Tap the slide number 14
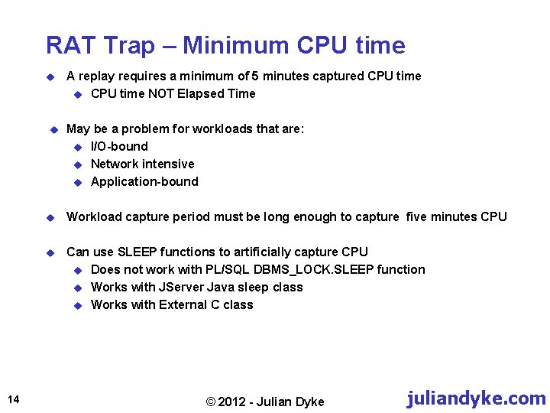coord(15,398)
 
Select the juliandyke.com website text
coord(476,398)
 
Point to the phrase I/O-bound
coord(119,146)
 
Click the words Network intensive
coord(142,164)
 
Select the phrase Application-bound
coord(144,181)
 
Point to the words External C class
coord(205,304)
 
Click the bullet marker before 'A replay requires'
coord(49,76)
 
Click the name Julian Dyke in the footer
coord(290,402)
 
